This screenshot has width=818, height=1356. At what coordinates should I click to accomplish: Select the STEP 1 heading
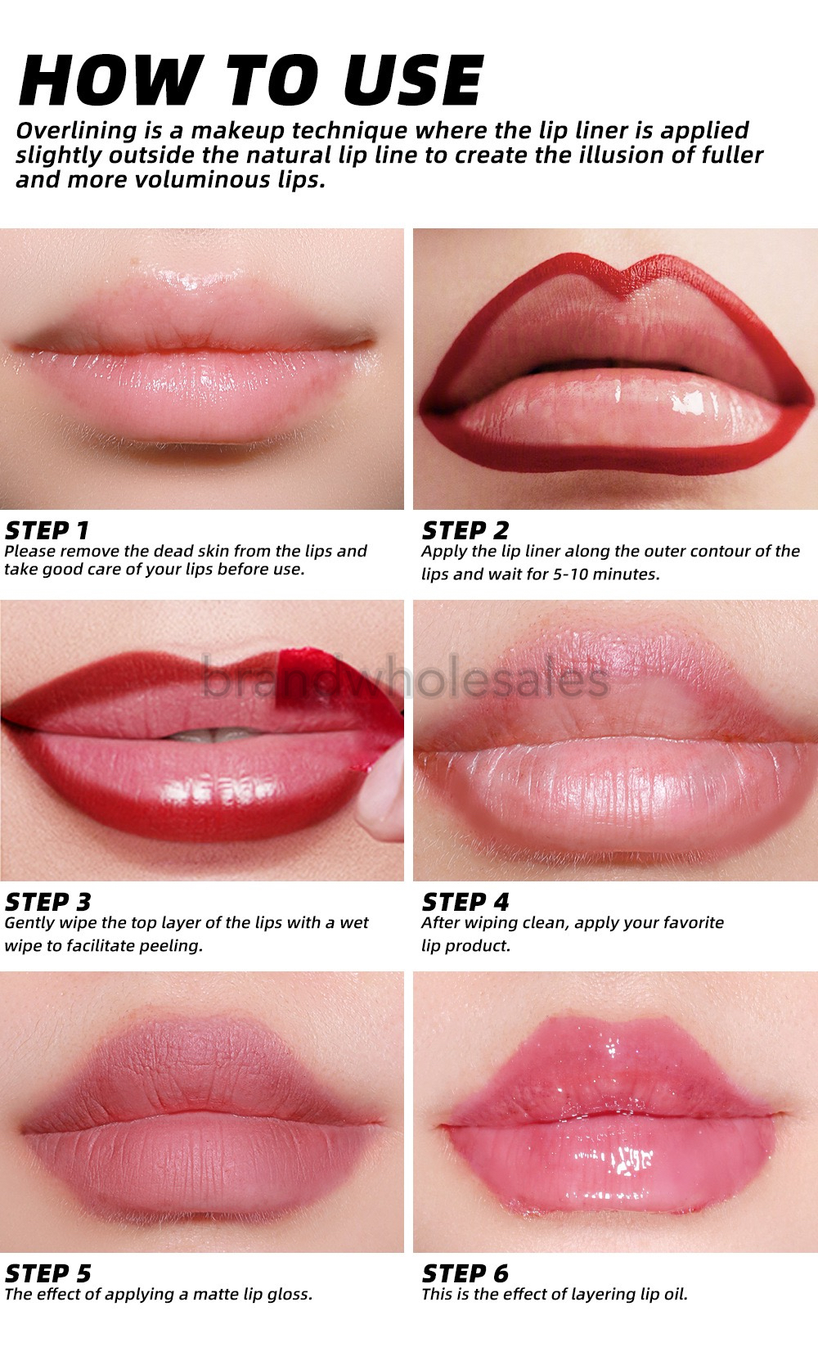coord(47,529)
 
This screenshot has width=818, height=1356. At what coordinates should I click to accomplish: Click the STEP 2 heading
coord(465,529)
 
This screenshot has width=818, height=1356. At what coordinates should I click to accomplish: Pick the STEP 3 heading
coord(47,902)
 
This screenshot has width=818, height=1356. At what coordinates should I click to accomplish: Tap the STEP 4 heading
coord(465,902)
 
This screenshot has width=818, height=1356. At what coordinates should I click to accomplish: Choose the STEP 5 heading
coord(47,1273)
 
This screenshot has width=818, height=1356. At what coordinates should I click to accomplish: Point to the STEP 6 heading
coord(465,1273)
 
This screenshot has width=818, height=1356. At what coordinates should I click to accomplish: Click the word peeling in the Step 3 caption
coord(173,946)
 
